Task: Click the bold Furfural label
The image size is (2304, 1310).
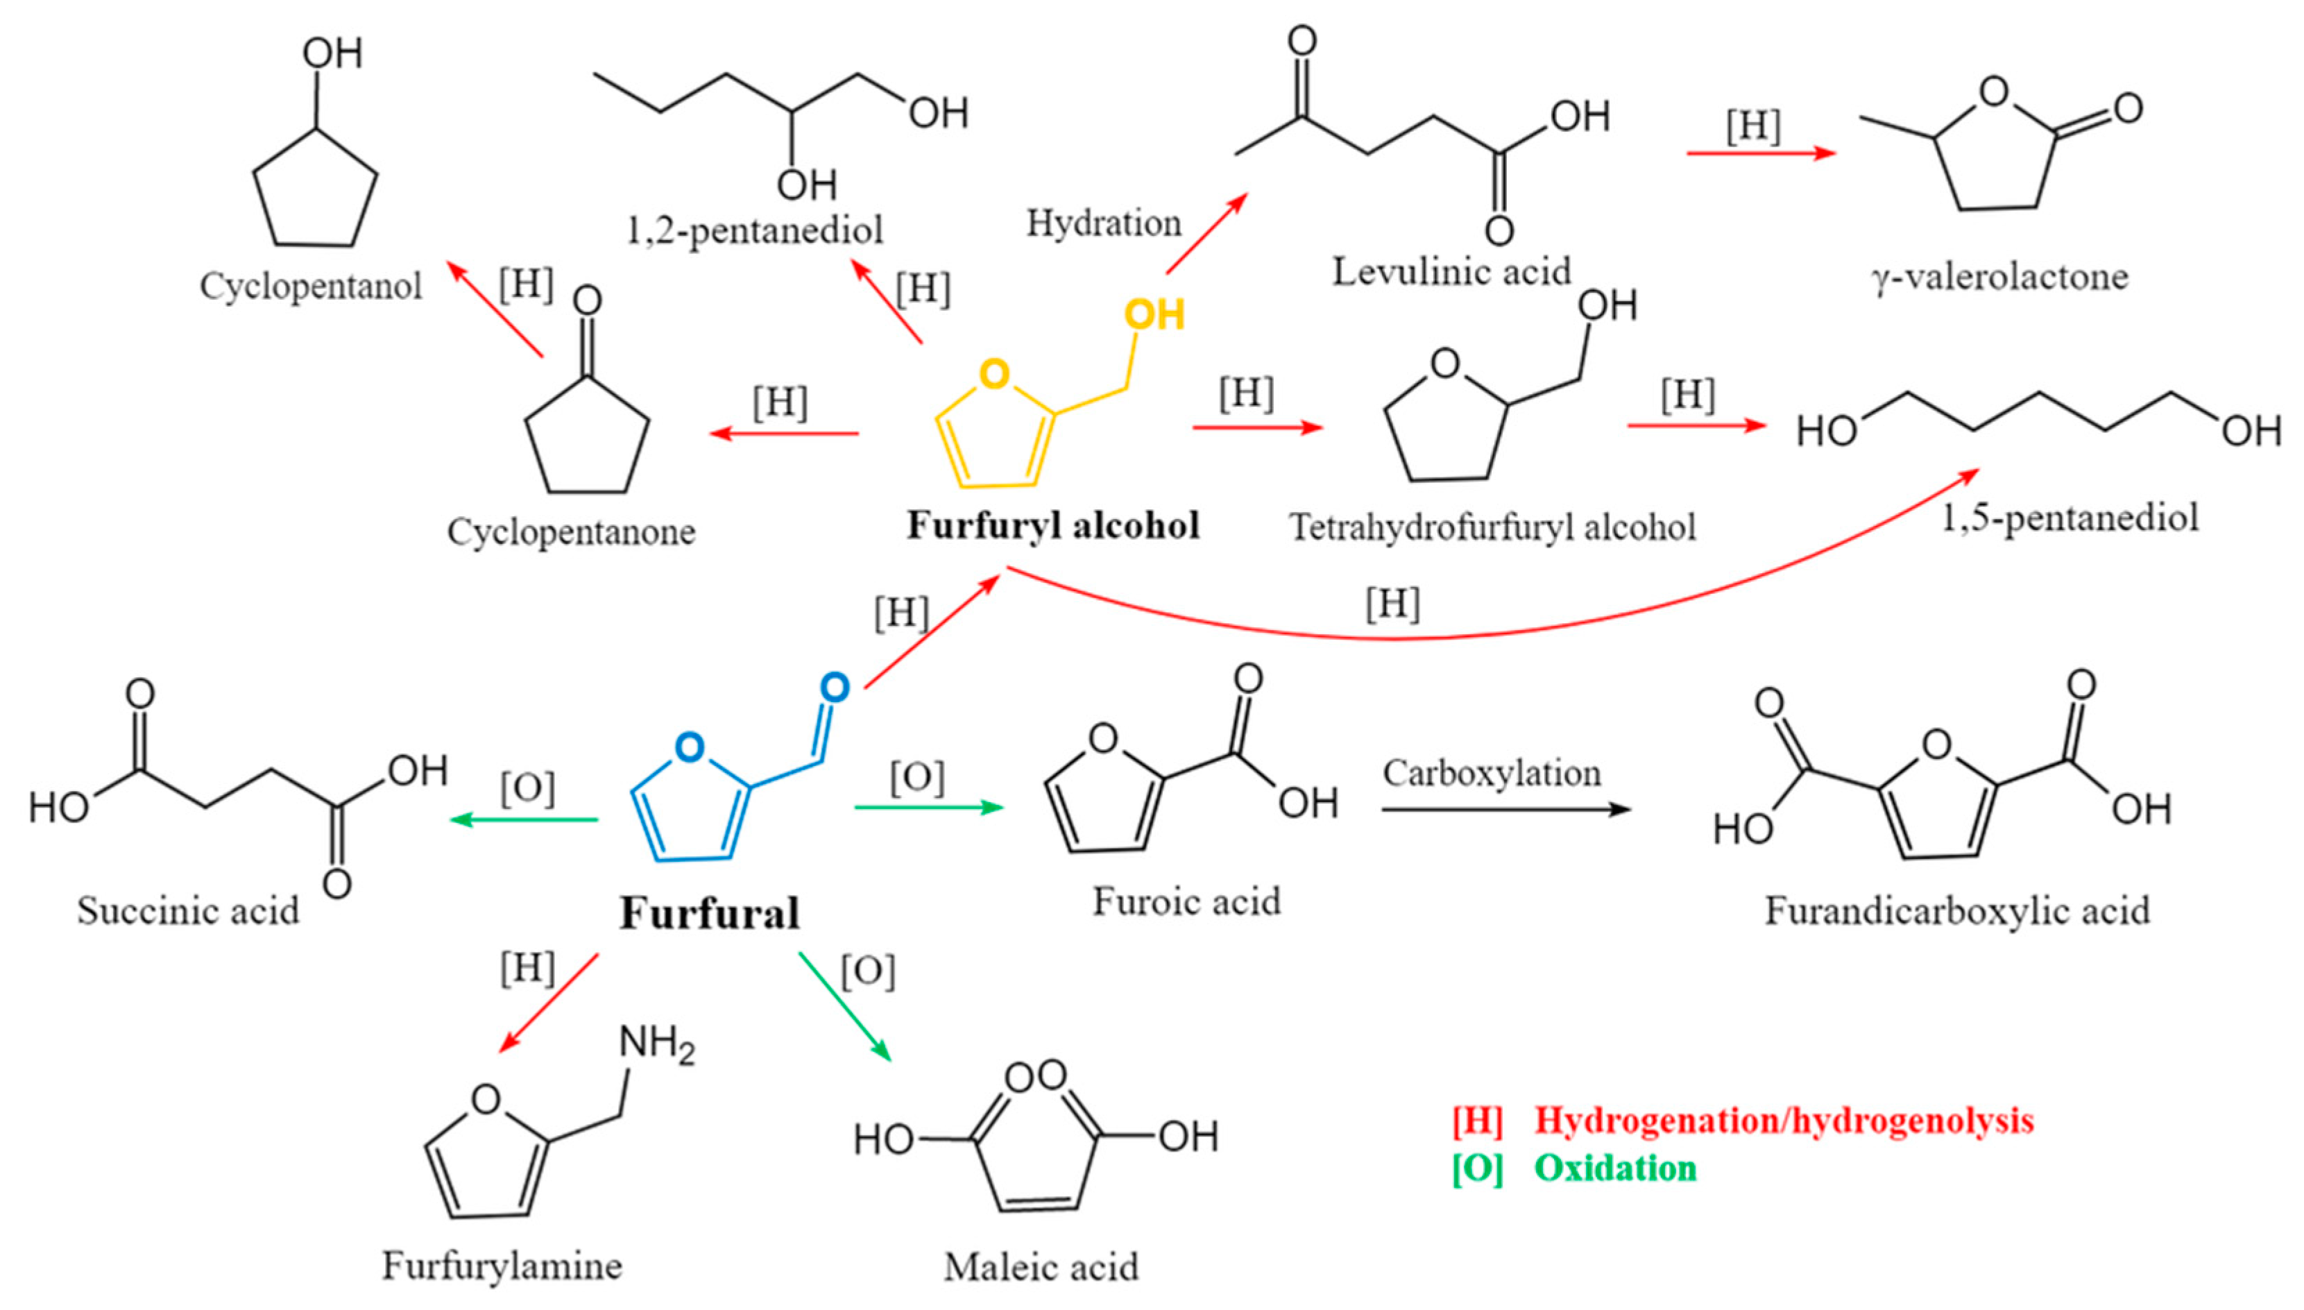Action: pos(709,913)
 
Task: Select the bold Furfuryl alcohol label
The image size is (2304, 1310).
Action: pos(1052,525)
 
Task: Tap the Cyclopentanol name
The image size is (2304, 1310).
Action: pos(310,286)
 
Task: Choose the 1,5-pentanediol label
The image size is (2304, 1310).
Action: pos(2070,518)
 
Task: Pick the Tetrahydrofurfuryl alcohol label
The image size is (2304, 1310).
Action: pos(1492,527)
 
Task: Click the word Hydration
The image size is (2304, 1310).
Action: pos(1104,223)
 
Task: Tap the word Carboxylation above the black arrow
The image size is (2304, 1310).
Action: pos(1492,773)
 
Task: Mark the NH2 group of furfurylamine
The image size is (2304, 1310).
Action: pos(657,1044)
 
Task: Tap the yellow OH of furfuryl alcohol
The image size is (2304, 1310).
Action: pos(1154,315)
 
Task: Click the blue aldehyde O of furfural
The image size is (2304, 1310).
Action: pos(834,688)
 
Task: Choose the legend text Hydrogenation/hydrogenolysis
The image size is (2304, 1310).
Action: pos(1783,1120)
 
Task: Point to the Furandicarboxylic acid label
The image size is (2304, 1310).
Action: pos(1956,910)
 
